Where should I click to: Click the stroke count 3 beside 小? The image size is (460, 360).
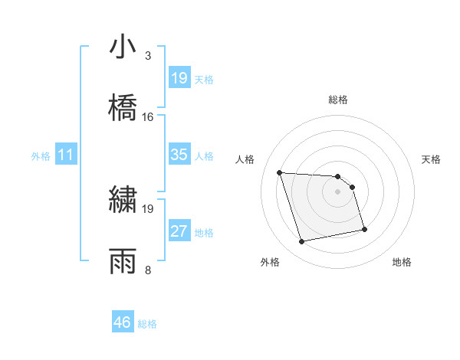click(148, 56)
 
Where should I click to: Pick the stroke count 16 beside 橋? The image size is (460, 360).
click(148, 117)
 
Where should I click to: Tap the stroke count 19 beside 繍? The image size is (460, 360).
click(148, 208)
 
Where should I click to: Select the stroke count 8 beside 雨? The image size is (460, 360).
click(148, 270)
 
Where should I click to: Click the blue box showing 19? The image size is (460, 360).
click(179, 78)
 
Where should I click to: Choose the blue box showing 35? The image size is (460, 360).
click(179, 155)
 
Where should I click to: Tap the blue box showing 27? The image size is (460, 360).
click(179, 231)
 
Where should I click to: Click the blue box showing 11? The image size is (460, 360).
click(66, 155)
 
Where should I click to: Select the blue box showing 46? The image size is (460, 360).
click(123, 322)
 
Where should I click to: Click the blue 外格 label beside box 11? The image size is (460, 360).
click(41, 156)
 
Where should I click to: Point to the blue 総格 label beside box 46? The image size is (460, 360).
click(147, 324)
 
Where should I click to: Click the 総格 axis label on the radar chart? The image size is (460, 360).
click(338, 100)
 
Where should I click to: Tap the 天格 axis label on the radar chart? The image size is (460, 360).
click(432, 159)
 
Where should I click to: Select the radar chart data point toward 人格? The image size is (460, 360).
click(280, 172)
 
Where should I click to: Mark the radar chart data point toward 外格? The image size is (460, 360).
click(302, 242)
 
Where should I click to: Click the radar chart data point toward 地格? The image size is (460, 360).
click(364, 229)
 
